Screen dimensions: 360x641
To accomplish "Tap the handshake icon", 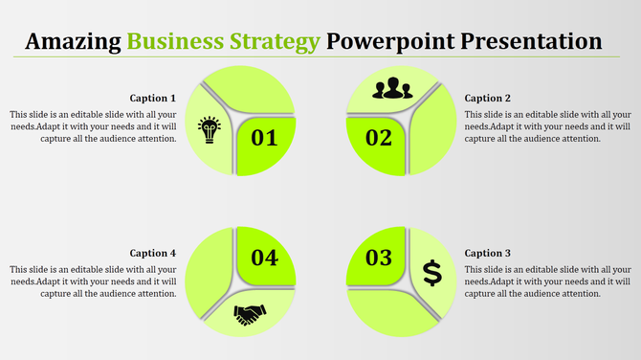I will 250,314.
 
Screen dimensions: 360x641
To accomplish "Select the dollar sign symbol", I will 432,273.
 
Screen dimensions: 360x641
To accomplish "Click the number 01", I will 264,139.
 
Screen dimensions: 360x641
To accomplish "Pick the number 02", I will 379,139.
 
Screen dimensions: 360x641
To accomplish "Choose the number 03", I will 379,258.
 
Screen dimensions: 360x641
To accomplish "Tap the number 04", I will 264,258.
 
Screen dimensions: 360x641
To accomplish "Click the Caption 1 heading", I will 153,98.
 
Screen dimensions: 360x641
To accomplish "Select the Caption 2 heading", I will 488,98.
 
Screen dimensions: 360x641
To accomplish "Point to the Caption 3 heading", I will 488,254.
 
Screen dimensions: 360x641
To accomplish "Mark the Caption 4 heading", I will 153,254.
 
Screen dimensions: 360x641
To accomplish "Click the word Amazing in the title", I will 73,42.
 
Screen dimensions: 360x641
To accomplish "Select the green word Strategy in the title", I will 273,42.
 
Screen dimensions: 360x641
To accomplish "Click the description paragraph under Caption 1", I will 94,125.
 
